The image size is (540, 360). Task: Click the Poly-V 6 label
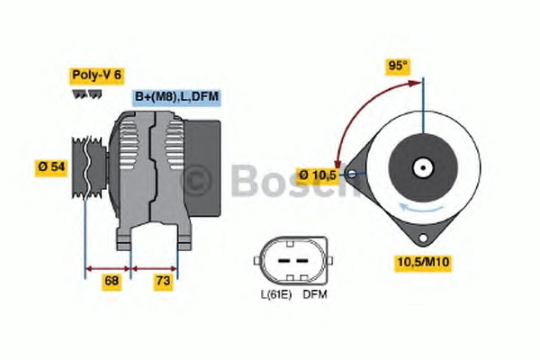[x=97, y=76]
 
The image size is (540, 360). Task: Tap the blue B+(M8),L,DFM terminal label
[x=176, y=97]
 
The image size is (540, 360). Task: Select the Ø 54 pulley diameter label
[x=51, y=167]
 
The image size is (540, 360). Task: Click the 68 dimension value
[x=112, y=281]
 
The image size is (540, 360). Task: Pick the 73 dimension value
[x=163, y=281]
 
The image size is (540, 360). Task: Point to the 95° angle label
[x=398, y=66]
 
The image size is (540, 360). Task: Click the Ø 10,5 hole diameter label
[x=317, y=175]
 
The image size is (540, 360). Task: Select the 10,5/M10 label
[x=423, y=263]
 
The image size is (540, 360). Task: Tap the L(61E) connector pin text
[x=276, y=295]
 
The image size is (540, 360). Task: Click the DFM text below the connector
[x=315, y=295]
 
